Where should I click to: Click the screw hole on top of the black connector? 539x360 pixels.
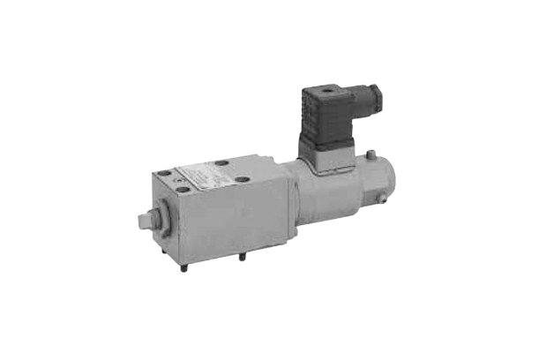click(332, 89)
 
